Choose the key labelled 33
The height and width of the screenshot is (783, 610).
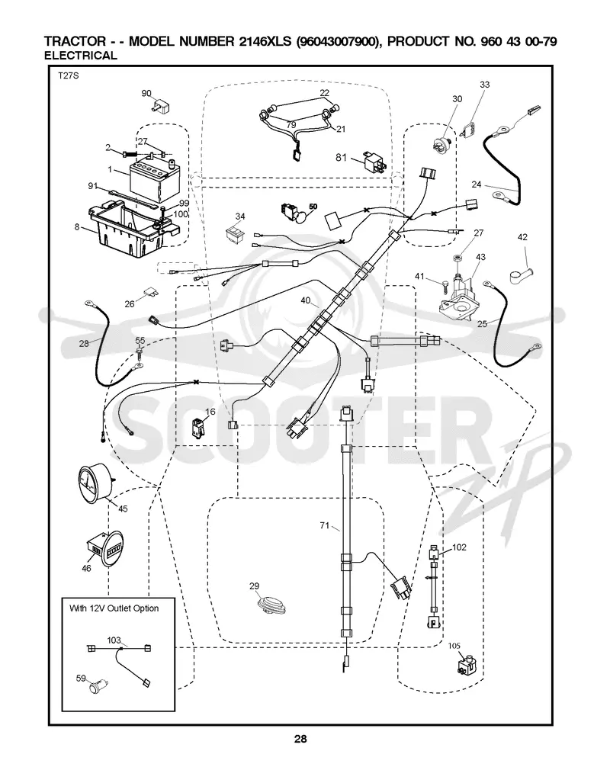[x=469, y=129]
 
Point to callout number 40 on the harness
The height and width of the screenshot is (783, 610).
[x=306, y=301]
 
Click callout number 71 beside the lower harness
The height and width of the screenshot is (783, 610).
[x=325, y=525]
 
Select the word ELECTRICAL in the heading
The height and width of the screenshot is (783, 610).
[x=80, y=56]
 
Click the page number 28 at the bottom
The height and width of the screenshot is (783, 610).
[x=300, y=739]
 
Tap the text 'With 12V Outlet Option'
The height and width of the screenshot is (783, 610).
[x=114, y=608]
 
